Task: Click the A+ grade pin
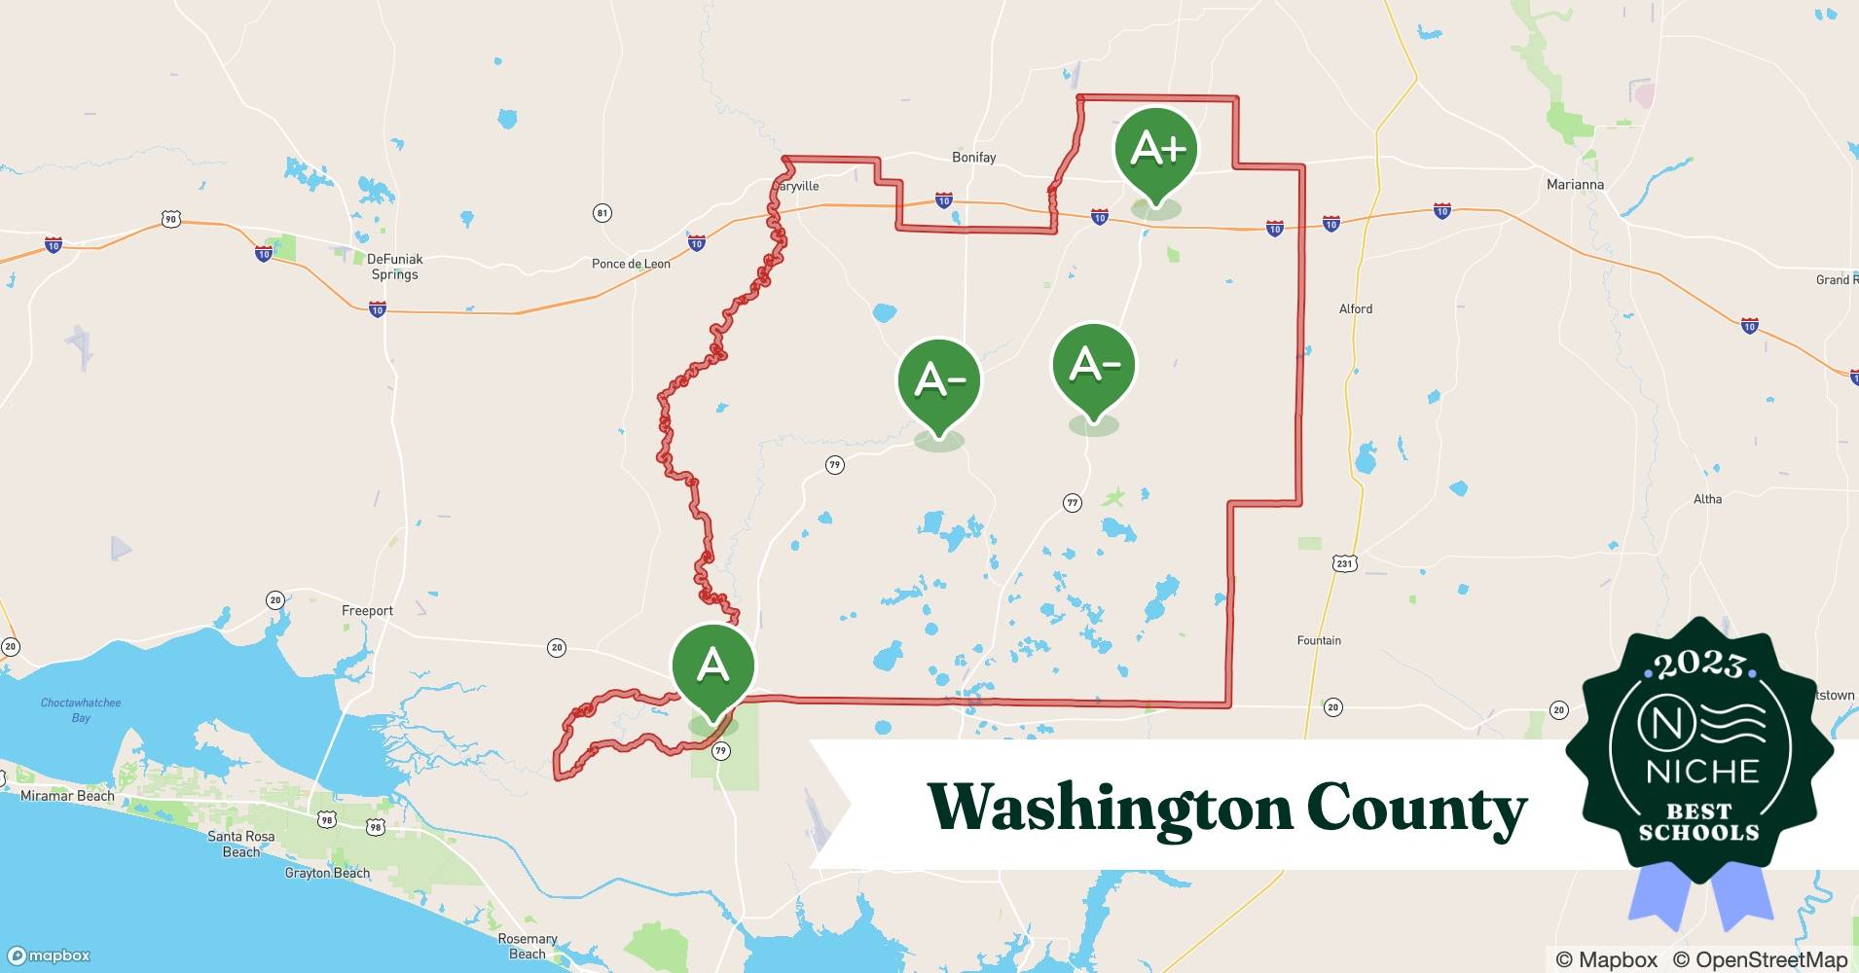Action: coord(1156,152)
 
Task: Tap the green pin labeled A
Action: coord(712,667)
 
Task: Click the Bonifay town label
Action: coord(973,157)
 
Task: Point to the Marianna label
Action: coord(1575,184)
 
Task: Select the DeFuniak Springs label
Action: coord(394,267)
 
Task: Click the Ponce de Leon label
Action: coord(631,264)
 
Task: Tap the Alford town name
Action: coord(1355,308)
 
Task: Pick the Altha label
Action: coord(1707,499)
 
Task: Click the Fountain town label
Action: coord(1319,640)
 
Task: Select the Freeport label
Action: coord(367,611)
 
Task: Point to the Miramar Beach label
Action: coord(67,796)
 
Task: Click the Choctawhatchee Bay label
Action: coord(81,710)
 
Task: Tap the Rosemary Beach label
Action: coord(528,946)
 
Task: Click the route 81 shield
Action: coord(602,213)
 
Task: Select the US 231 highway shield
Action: coord(1344,563)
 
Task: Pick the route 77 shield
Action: coord(1072,503)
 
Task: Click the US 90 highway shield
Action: coord(171,220)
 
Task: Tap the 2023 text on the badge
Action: coord(1698,666)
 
